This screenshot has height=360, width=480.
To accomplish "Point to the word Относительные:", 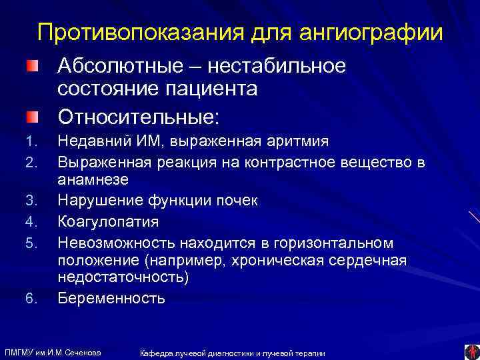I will point(137,117).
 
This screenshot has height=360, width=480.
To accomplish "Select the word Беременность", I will point(111,297).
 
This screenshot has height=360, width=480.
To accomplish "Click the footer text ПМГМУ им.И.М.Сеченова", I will point(53,351).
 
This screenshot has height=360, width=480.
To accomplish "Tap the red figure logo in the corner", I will point(471,351).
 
